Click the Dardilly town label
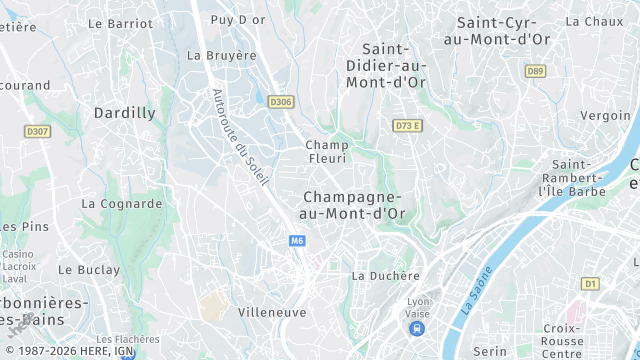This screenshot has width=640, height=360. point(124,113)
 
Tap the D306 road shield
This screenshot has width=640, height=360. point(281,100)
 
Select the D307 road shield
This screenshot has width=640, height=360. point(38,131)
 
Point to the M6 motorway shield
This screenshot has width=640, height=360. point(297,241)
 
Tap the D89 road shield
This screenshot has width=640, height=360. point(536,71)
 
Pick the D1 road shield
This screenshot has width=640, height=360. point(590,284)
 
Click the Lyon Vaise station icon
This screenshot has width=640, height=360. point(418,328)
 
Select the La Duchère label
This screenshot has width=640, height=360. point(385,275)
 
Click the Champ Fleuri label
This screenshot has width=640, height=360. point(326,151)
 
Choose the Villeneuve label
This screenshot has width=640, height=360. point(272,312)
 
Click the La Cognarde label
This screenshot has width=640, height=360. point(121,204)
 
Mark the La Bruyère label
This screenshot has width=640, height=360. point(222,55)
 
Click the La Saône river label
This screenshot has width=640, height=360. point(477,290)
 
